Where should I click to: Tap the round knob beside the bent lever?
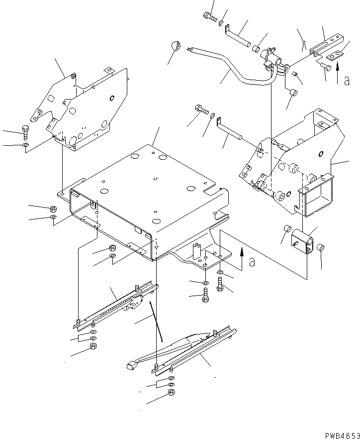[x=175, y=46]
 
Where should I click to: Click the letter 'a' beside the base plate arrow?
[x=252, y=261]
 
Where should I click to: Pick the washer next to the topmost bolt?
[x=221, y=21]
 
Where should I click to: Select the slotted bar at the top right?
[x=326, y=45]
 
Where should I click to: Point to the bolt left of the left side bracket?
[x=25, y=133]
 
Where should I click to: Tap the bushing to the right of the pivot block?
[x=321, y=247]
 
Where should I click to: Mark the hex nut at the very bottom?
[x=171, y=393]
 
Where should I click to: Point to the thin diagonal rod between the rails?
[x=158, y=327]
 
